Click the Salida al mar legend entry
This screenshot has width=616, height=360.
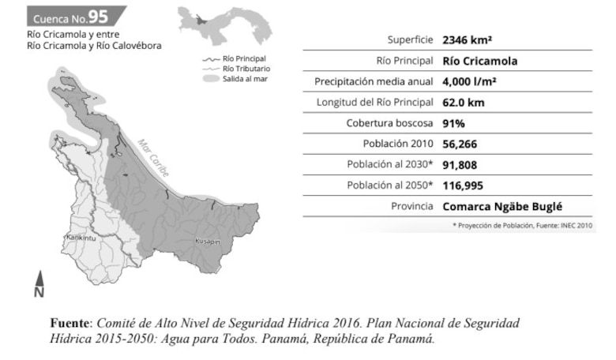coord(244,79)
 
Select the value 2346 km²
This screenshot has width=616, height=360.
coord(469,39)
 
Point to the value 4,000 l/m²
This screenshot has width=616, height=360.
coord(469,81)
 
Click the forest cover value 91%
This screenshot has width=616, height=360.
coord(453,123)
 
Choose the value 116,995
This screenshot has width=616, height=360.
coord(464,186)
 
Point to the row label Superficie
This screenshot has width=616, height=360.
coord(410,39)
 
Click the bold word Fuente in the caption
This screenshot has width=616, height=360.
coord(71,324)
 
